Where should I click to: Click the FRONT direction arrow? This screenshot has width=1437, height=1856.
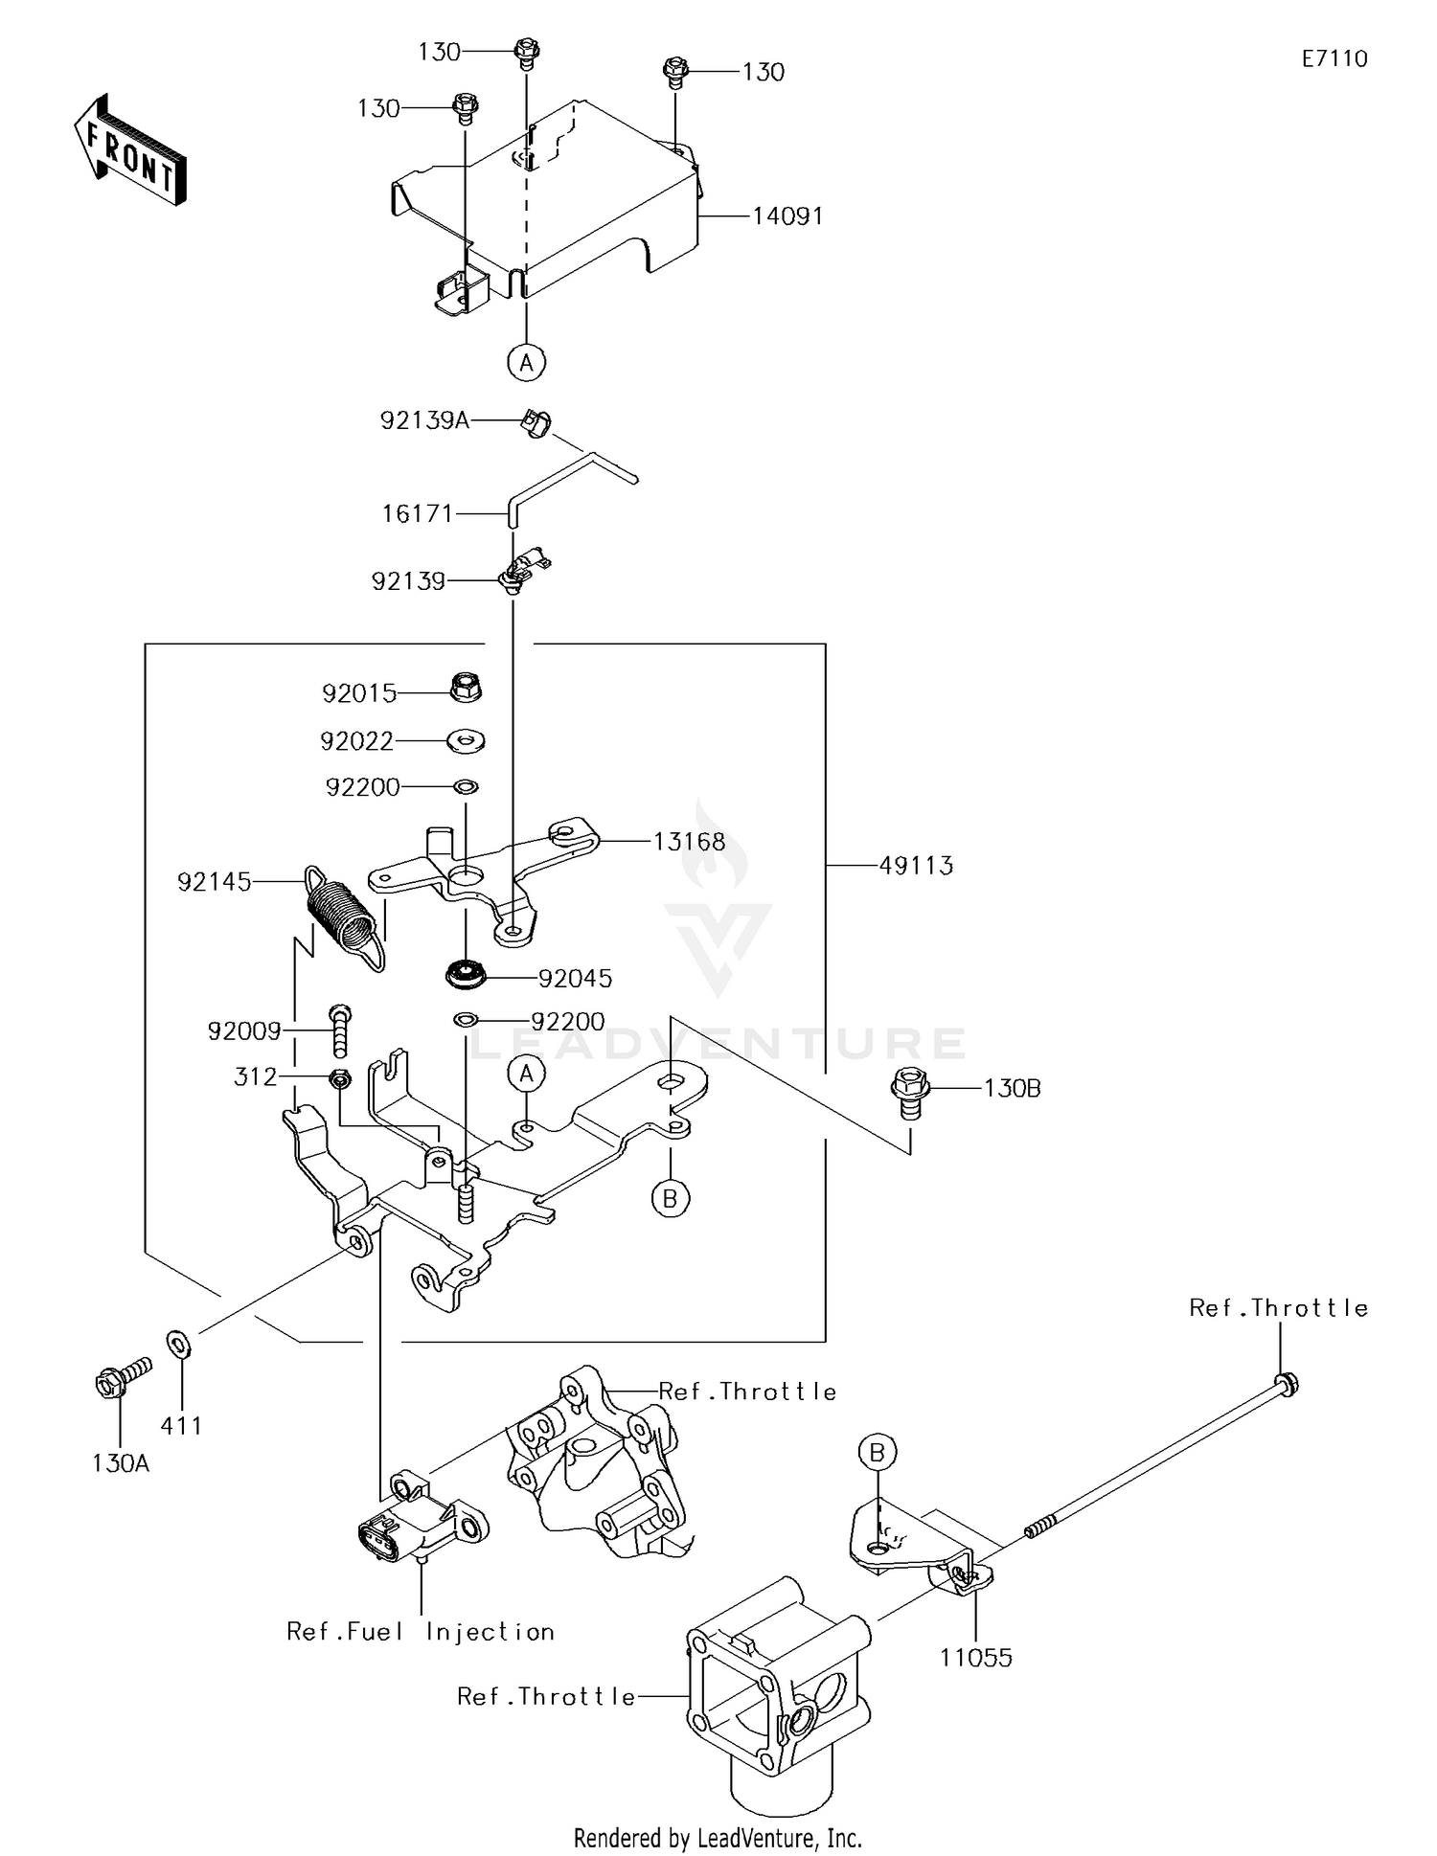(x=129, y=150)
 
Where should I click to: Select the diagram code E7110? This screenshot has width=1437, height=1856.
(x=1334, y=59)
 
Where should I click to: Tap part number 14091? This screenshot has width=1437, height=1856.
(x=787, y=216)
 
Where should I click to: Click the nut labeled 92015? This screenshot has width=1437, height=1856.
(x=466, y=687)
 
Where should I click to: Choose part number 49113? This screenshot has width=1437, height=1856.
(x=916, y=866)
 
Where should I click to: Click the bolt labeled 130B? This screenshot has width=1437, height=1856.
(x=910, y=1091)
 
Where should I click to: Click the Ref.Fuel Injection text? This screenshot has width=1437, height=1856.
(x=421, y=1632)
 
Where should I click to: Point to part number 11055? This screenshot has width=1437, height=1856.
(x=975, y=1658)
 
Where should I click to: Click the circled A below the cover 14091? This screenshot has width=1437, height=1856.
(x=526, y=363)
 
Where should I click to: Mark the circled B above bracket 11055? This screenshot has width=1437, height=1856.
(x=877, y=1453)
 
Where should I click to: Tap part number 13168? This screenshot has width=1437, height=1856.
(x=689, y=842)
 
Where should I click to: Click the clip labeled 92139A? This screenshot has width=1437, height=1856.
(x=535, y=421)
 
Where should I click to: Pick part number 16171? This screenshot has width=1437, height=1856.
(x=417, y=514)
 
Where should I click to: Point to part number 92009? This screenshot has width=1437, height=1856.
(x=244, y=1031)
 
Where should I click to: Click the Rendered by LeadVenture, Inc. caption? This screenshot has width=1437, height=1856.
(x=718, y=1838)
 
